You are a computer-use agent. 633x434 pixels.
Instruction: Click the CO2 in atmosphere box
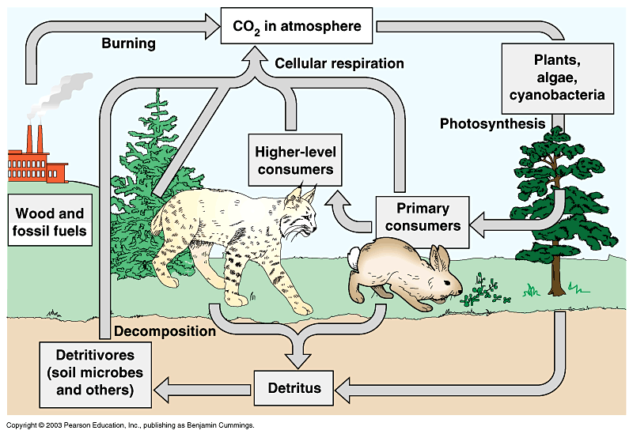[297, 26]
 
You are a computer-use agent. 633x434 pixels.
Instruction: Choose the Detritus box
[294, 387]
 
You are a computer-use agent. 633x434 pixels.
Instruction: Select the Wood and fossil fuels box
[51, 222]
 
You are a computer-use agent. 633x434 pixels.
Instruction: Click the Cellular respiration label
[339, 63]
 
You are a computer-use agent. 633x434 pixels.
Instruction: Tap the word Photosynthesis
[492, 123]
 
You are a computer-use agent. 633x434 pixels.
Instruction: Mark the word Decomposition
[165, 331]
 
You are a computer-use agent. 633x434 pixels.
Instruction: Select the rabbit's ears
[439, 259]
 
